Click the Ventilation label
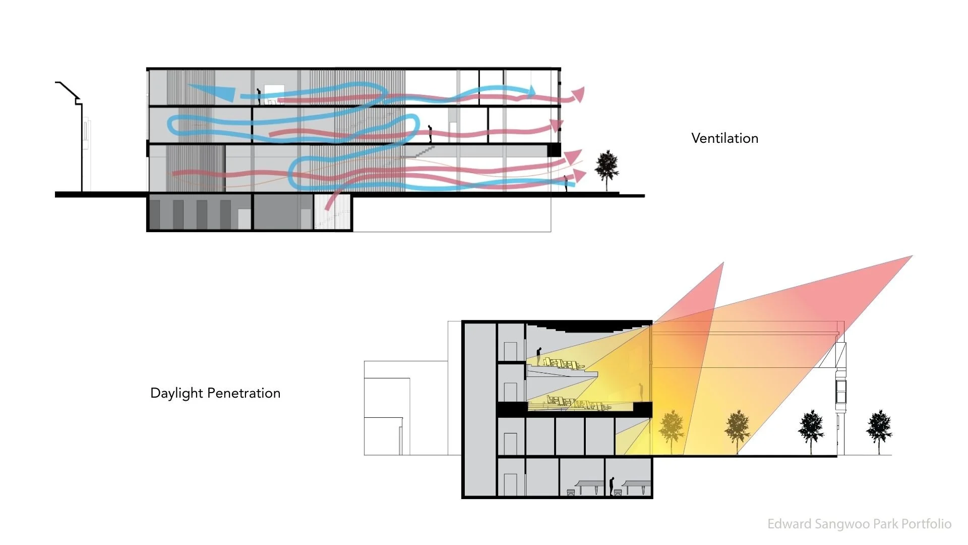tap(724, 138)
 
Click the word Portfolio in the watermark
tap(926, 524)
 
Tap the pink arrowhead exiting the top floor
tap(578, 94)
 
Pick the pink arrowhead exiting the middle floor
tap(557, 125)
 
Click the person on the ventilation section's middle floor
tap(430, 134)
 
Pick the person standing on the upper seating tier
tap(538, 356)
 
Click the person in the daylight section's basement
tap(612, 486)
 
